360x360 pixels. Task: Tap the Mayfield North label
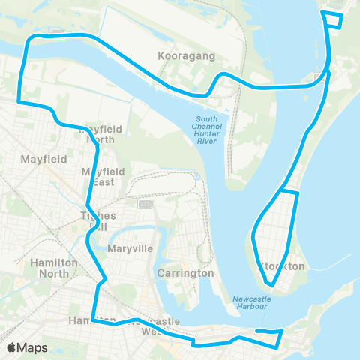(x=100, y=134)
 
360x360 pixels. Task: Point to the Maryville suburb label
(x=130, y=248)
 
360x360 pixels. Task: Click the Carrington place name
(x=187, y=273)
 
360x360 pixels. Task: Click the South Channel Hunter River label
(x=208, y=130)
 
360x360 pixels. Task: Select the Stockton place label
(x=283, y=266)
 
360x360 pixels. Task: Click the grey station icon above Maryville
(x=145, y=203)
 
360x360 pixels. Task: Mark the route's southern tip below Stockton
(x=272, y=286)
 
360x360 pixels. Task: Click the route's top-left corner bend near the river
(x=30, y=41)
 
